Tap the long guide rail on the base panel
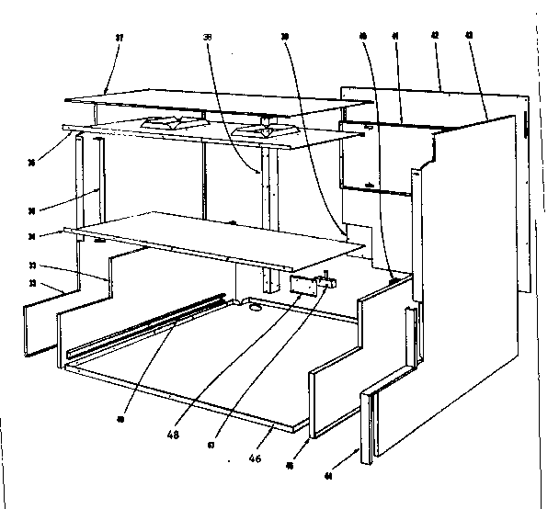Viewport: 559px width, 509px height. [147, 326]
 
